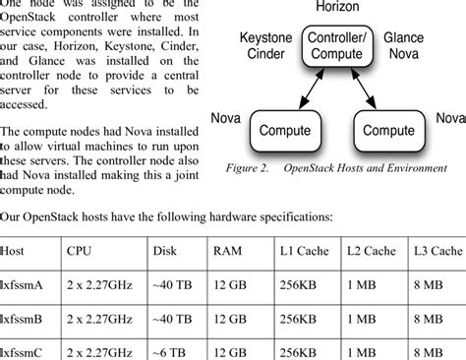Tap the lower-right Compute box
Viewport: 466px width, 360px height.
pos(388,130)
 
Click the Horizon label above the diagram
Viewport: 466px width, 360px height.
pos(336,8)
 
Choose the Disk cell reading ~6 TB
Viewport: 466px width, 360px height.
pos(170,351)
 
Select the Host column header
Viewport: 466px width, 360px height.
pos(16,252)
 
